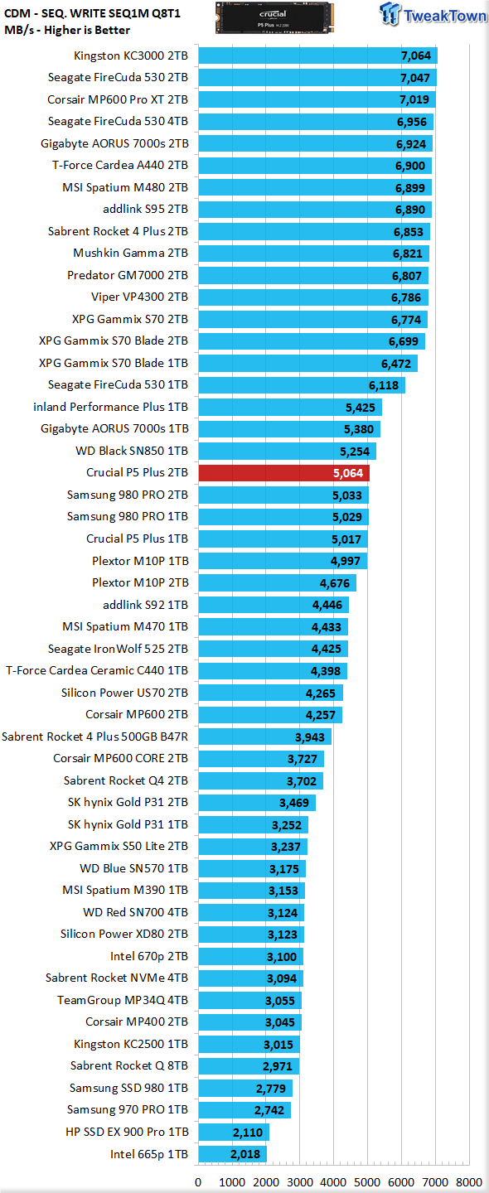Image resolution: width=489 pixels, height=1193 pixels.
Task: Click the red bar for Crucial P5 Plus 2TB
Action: pyautogui.click(x=284, y=473)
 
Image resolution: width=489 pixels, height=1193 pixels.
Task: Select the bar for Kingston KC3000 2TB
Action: pyautogui.click(x=318, y=56)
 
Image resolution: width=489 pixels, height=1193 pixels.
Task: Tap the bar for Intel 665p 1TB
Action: pyautogui.click(x=233, y=1154)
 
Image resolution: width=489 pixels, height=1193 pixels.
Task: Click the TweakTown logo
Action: pyautogui.click(x=433, y=14)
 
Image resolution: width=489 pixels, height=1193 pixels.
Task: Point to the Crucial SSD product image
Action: pyautogui.click(x=274, y=18)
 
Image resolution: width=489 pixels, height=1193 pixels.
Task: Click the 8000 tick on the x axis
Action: pyautogui.click(x=469, y=1182)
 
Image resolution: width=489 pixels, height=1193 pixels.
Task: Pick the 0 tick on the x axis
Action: pyautogui.click(x=198, y=1182)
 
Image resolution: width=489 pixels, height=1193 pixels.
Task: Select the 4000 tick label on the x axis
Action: pyautogui.click(x=333, y=1182)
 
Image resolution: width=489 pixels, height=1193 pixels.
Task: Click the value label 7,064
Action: pyautogui.click(x=415, y=56)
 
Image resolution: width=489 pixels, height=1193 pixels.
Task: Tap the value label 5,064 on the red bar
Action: pyautogui.click(x=348, y=474)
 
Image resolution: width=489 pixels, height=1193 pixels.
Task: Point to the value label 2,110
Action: pyautogui.click(x=248, y=1133)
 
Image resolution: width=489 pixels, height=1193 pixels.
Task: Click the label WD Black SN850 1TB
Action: pyautogui.click(x=132, y=451)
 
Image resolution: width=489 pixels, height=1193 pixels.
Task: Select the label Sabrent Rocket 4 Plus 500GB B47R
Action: pyautogui.click(x=94, y=737)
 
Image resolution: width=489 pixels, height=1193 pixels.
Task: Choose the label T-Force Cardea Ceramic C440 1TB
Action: pyautogui.click(x=97, y=670)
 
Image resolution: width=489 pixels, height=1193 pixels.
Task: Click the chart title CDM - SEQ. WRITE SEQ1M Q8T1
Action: pyautogui.click(x=92, y=13)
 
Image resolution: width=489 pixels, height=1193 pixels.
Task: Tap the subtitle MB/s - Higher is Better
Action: pyautogui.click(x=67, y=31)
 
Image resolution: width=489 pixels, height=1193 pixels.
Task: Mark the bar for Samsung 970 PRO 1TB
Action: pyautogui.click(x=244, y=1110)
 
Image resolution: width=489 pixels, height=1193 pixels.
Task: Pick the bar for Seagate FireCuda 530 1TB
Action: pyautogui.click(x=302, y=385)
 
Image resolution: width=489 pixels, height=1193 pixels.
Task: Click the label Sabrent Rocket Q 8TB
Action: pyautogui.click(x=129, y=1065)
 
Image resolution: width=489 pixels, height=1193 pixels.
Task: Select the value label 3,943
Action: pyautogui.click(x=310, y=737)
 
